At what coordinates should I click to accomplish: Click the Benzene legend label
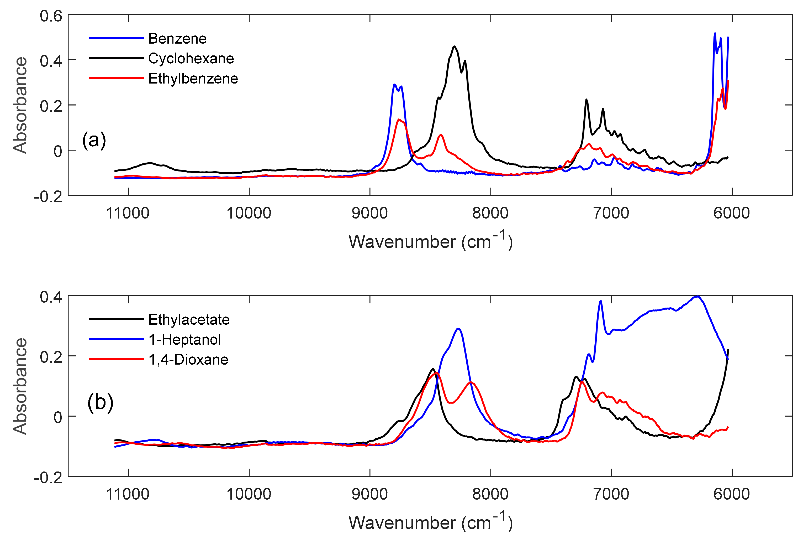coord(177,39)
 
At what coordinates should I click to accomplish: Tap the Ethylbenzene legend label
coord(193,79)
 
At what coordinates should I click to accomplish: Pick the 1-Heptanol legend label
coord(185,340)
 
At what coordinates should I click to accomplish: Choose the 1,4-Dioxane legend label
coord(188,360)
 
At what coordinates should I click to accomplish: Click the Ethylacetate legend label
coord(189,320)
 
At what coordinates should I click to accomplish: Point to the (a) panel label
coord(94,140)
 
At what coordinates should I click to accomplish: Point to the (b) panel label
coord(100,402)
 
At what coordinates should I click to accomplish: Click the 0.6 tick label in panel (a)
coord(51,16)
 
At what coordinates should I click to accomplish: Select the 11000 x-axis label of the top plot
coord(128,213)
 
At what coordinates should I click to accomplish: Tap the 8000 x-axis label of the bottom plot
coord(490,494)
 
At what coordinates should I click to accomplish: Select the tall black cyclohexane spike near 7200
coord(586,100)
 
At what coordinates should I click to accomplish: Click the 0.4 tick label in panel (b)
coord(51,297)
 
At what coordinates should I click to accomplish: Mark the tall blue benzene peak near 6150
coord(715,33)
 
